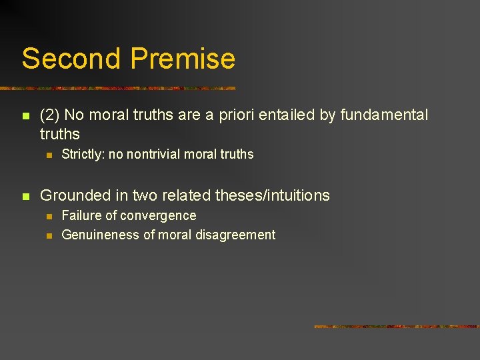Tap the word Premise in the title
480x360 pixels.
tap(183, 59)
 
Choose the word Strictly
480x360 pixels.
tap(82, 155)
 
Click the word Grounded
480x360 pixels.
tap(74, 195)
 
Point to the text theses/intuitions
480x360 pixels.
tap(273, 195)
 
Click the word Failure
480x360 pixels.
tap(82, 215)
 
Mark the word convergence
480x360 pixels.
tap(161, 215)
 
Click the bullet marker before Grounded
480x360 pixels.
tap(25, 196)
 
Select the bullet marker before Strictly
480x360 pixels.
tap(48, 155)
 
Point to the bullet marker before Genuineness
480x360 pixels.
tap(48, 235)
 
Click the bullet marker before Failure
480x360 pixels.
tap(48, 216)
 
